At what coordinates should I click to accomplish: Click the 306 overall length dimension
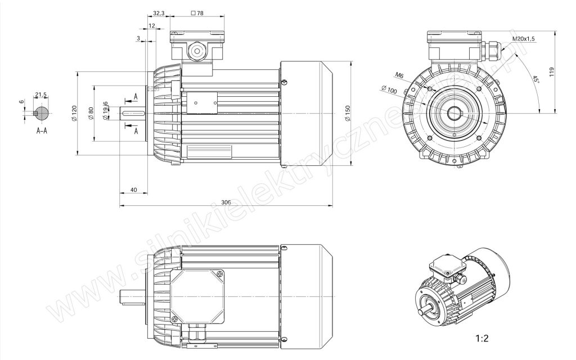pyautogui.click(x=226, y=202)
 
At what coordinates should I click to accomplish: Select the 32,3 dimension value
pyautogui.click(x=158, y=13)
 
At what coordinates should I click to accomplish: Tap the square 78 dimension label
pyautogui.click(x=197, y=13)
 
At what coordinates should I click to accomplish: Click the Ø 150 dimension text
pyautogui.click(x=348, y=113)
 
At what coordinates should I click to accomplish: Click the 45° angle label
pyautogui.click(x=535, y=79)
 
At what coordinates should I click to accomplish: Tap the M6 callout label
pyautogui.click(x=400, y=75)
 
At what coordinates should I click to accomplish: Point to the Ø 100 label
pyautogui.click(x=389, y=89)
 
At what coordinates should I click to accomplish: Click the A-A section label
pyautogui.click(x=42, y=130)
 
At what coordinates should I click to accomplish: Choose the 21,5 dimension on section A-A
pyautogui.click(x=40, y=94)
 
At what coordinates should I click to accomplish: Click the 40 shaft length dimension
pyautogui.click(x=134, y=190)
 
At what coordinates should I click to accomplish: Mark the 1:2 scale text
pyautogui.click(x=481, y=338)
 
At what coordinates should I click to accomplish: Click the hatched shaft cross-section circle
pyautogui.click(x=40, y=113)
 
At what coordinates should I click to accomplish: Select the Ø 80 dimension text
pyautogui.click(x=91, y=113)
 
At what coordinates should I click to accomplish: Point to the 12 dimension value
pyautogui.click(x=152, y=26)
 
